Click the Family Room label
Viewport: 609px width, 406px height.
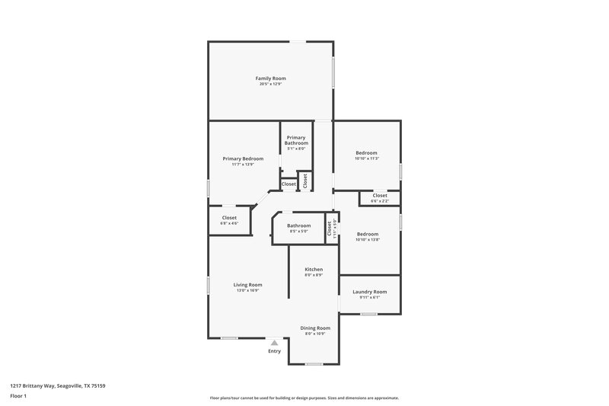(270, 78)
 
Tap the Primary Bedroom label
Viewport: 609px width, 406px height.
(243, 158)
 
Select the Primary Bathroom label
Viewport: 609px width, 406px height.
(296, 140)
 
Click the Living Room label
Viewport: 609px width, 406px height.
(247, 285)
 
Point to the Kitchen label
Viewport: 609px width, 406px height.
(314, 270)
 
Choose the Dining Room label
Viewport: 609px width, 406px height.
(315, 328)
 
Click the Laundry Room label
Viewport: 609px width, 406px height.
(369, 292)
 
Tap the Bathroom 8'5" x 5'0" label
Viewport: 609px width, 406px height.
(298, 225)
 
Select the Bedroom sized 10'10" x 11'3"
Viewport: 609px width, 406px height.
(367, 152)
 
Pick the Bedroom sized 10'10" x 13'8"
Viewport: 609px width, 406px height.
(367, 234)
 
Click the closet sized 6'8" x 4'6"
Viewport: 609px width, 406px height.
(229, 218)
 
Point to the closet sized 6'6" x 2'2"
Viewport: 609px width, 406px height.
(379, 196)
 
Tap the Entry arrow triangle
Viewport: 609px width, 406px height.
(274, 343)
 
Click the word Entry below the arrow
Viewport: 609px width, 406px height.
(274, 351)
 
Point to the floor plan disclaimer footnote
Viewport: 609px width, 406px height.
(304, 398)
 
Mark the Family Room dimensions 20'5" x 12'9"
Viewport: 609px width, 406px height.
(270, 84)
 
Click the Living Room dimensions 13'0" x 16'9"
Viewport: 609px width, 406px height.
(247, 290)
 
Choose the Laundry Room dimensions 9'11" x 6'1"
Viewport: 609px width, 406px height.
(369, 297)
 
